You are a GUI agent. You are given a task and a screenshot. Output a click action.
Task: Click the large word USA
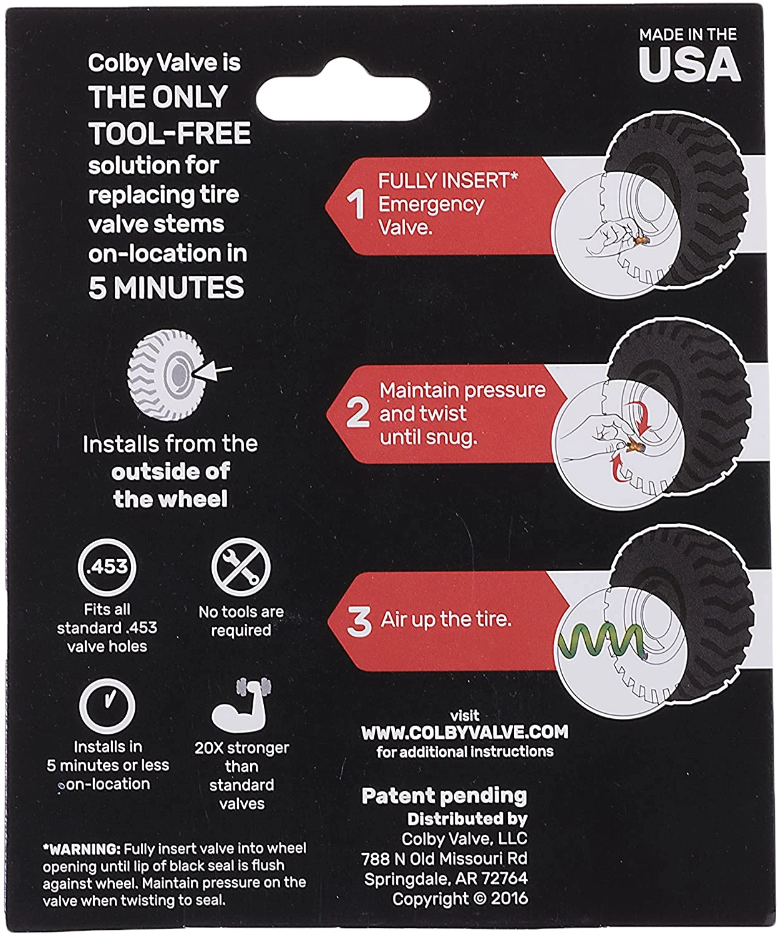coord(689,64)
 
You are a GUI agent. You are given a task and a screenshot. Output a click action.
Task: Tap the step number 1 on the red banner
coord(356,205)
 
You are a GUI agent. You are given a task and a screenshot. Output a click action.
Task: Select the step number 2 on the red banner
coord(357,412)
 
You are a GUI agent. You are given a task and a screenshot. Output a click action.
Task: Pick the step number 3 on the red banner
coord(359,621)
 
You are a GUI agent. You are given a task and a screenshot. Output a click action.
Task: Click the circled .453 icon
coord(107,567)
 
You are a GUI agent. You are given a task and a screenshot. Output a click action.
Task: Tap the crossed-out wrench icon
coord(241,567)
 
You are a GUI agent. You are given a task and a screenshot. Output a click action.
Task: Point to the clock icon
coord(107,706)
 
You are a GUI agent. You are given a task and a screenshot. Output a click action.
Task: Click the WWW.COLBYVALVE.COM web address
coord(465,732)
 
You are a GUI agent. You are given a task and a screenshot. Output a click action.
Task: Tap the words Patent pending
coord(444,796)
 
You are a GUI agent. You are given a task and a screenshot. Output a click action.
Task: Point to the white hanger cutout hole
coord(343,90)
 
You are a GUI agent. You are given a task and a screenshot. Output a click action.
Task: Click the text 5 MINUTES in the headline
coord(166,287)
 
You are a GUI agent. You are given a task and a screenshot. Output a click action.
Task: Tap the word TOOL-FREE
coord(170,133)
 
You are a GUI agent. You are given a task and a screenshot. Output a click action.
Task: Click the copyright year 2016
coord(510,899)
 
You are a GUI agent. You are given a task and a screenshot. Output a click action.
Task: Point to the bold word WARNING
coord(81,849)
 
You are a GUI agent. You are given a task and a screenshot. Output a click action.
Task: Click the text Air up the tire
coord(446,620)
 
